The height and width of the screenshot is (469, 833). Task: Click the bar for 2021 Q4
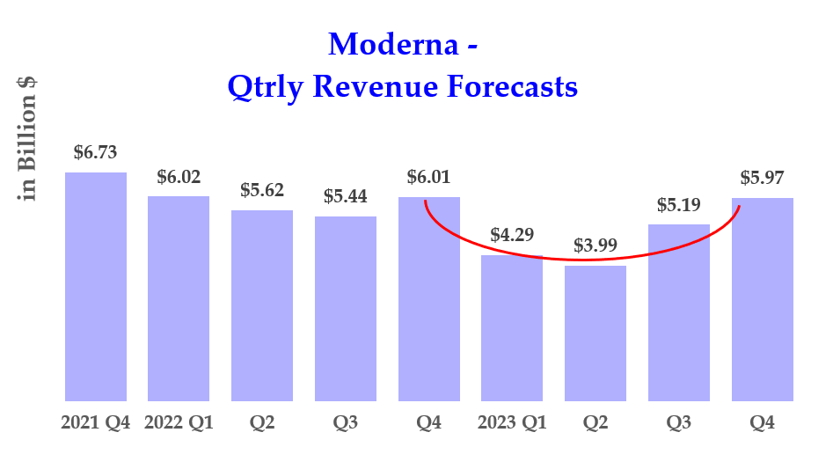(96, 286)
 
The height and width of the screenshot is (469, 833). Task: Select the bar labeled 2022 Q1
(179, 298)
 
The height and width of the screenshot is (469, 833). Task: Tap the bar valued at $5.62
(262, 305)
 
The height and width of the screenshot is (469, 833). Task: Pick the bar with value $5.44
(346, 308)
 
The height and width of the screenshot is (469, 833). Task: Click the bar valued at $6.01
(428, 298)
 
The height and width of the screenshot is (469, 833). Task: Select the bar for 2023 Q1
(512, 328)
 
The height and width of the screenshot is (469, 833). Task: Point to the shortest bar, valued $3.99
(596, 333)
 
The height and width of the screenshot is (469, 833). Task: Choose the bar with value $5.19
(679, 312)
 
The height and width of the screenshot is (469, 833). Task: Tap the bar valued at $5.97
(762, 299)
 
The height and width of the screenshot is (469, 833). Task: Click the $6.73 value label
(96, 152)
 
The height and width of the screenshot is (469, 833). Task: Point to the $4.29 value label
(512, 235)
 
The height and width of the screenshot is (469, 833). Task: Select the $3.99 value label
(596, 245)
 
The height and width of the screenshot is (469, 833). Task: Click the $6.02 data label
(179, 177)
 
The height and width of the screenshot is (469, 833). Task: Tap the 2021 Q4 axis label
(96, 423)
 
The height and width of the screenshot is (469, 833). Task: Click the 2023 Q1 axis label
(512, 423)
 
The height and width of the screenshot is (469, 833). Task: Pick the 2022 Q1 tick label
(179, 423)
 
